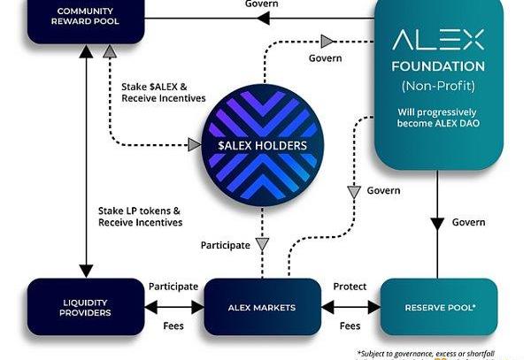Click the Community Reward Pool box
pyautogui.click(x=86, y=18)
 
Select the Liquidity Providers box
pyautogui.click(x=86, y=306)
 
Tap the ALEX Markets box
pyautogui.click(x=263, y=306)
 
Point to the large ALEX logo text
pyautogui.click(x=438, y=40)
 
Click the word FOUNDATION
pyautogui.click(x=438, y=66)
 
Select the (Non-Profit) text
pyautogui.click(x=438, y=86)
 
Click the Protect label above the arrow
pyautogui.click(x=350, y=287)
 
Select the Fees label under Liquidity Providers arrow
pyautogui.click(x=173, y=326)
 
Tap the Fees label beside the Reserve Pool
pyautogui.click(x=350, y=326)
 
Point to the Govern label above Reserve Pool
pyautogui.click(x=467, y=222)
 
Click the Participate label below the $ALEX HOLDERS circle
pyautogui.click(x=225, y=245)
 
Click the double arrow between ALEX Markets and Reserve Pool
pyautogui.click(x=350, y=306)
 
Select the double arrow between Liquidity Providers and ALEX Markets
pyautogui.click(x=173, y=306)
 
